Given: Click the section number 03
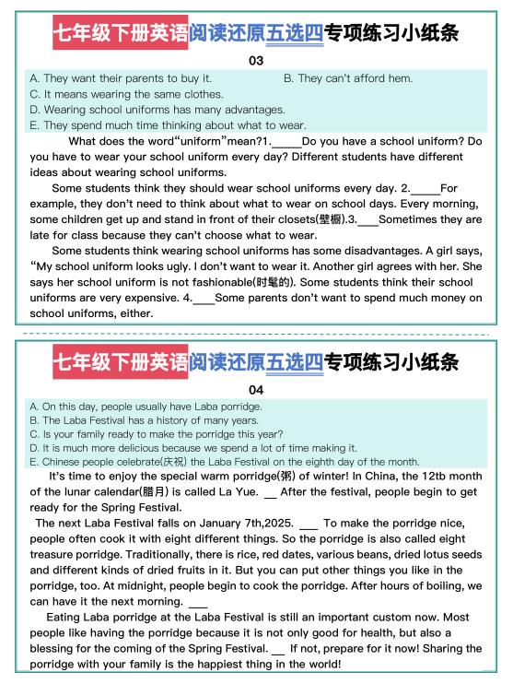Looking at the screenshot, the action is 256,61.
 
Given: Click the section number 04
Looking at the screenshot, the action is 256,389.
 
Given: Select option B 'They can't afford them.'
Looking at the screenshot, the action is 348,78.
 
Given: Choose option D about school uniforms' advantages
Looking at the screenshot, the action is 145,110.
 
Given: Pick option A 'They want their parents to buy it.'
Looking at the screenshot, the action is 121,78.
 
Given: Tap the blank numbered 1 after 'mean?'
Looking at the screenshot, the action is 286,141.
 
